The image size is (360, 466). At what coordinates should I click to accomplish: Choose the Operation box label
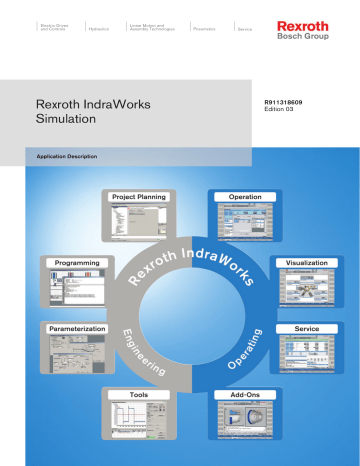click(x=245, y=197)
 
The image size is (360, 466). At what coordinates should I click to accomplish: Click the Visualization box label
click(x=305, y=262)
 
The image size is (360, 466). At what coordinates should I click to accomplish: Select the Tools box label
click(x=138, y=395)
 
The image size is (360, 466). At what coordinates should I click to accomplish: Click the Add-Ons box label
click(x=245, y=395)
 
